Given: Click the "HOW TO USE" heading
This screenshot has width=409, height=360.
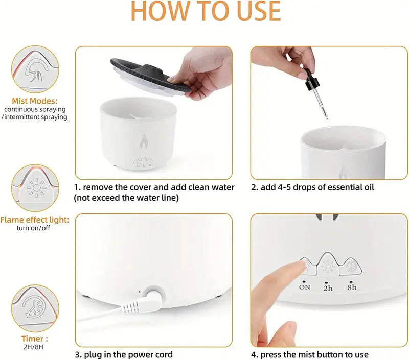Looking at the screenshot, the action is point(206,11).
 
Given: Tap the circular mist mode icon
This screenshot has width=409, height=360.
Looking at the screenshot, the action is point(35,69).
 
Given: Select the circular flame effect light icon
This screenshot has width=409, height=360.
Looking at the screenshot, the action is point(35,188).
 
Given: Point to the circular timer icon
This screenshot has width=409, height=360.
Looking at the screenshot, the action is point(35,308).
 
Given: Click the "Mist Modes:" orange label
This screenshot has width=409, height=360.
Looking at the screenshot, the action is point(35,101).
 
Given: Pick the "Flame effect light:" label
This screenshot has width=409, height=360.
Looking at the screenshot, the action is point(35,220).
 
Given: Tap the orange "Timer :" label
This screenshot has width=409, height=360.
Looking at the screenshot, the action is point(35,339).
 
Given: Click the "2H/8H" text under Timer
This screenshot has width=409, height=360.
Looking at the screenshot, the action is point(33,347).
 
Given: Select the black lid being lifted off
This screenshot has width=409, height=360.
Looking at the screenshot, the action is point(151,77).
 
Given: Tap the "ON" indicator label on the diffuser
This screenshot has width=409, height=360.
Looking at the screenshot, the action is point(304,287).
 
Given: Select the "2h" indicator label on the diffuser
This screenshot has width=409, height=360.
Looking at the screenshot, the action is point(328,288).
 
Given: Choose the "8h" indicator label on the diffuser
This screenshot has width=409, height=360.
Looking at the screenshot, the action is point(352,287).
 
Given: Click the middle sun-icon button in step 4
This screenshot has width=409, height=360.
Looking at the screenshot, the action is point(328,264).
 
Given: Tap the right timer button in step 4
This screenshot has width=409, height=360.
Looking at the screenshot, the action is point(351,267).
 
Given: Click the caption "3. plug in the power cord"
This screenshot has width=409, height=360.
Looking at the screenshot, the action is point(124,354).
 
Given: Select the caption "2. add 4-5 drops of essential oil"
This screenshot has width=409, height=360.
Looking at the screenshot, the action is point(312,187).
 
